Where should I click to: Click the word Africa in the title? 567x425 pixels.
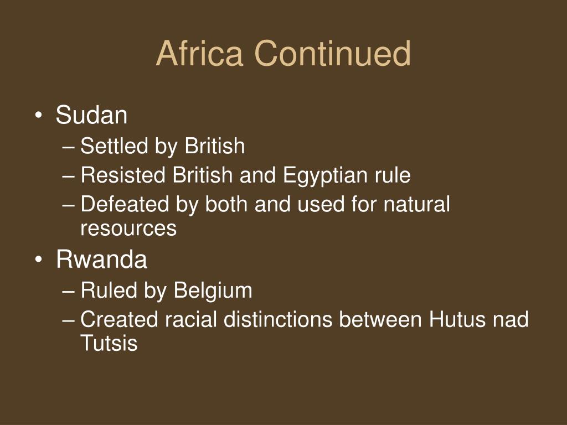199,54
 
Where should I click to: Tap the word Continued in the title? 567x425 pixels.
333,54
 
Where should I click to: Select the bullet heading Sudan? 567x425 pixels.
91,115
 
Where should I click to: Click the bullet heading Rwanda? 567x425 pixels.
102,259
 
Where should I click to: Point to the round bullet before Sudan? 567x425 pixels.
39,116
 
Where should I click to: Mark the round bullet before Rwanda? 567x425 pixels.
39,260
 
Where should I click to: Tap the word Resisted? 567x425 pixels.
123,175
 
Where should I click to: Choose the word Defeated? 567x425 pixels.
125,204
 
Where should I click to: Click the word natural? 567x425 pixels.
416,204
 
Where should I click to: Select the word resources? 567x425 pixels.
128,229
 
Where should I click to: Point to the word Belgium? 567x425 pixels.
213,291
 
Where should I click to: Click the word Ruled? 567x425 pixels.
109,290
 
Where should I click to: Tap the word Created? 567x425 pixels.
120,319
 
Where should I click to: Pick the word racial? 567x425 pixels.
191,319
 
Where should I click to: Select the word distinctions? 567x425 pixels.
278,319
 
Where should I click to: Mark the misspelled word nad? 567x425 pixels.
511,319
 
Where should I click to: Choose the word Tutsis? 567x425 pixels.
109,343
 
